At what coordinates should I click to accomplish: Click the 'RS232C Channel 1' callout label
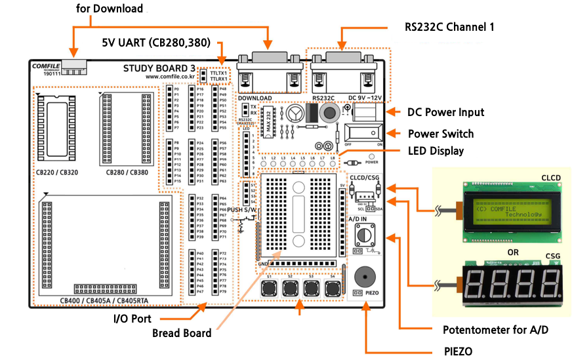[x=449, y=28]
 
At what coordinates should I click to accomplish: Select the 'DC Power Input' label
[x=445, y=112]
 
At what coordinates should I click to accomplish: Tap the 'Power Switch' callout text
[x=440, y=134]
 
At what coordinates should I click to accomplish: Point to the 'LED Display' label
[x=436, y=151]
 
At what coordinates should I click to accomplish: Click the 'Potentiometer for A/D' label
[x=495, y=329]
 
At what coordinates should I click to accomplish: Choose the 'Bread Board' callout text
[x=182, y=333]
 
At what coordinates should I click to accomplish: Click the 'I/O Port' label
[x=132, y=319]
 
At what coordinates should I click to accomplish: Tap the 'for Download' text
[x=110, y=9]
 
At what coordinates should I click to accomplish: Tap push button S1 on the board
[x=270, y=289]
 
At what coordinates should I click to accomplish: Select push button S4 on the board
[x=333, y=289]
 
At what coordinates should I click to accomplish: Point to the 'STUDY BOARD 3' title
[x=159, y=68]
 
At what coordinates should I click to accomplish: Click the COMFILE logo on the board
[x=45, y=67]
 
